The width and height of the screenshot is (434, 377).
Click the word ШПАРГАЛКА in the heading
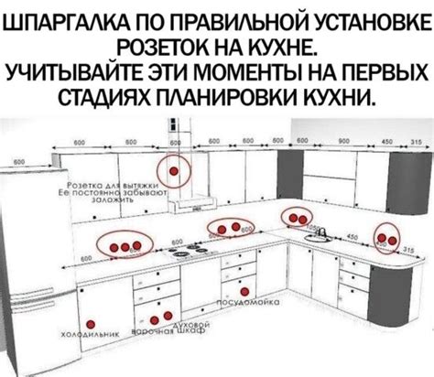coord(66,21)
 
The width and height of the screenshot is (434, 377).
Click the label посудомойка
coord(245,300)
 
